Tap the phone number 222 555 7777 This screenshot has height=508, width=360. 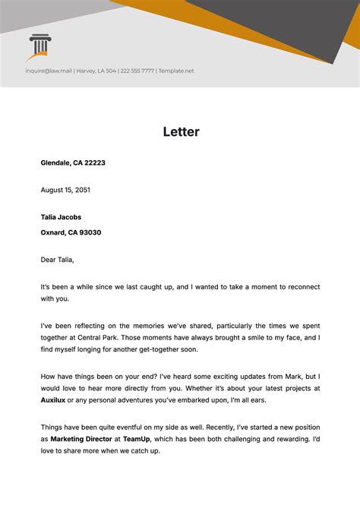[137, 71]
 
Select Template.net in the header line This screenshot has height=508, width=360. [177, 71]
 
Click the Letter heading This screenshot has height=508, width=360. [181, 131]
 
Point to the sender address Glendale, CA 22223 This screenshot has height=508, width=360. [73, 162]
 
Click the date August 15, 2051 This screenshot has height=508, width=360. [65, 190]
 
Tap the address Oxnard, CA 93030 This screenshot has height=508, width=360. [71, 233]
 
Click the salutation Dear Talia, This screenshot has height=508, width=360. [58, 260]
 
